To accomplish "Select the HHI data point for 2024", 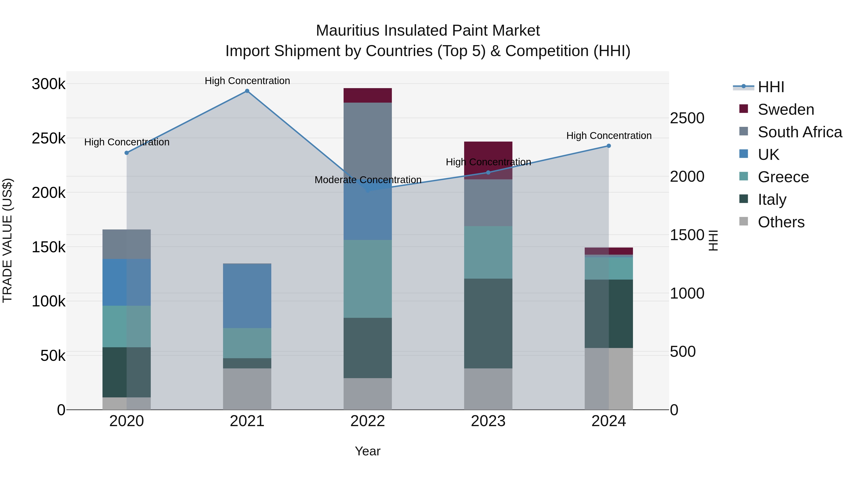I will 608,146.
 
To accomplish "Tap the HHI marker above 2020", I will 126,153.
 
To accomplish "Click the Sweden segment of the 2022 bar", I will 368,95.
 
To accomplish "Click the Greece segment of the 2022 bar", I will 368,279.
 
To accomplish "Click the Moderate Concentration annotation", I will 368,180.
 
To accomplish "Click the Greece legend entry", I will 783,177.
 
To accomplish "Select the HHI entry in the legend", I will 771,87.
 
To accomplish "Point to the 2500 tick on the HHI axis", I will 687,118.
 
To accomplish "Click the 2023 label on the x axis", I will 488,421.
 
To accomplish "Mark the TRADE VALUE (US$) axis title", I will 8,240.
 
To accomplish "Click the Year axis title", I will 368,451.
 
